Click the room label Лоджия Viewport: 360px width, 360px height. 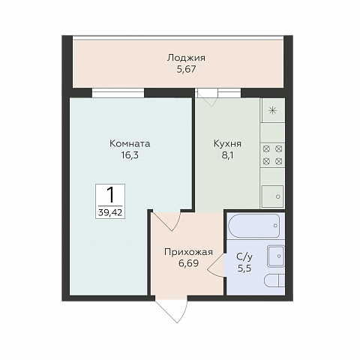(x=186, y=58)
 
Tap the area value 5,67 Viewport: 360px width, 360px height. (x=186, y=69)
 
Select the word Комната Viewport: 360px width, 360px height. (x=130, y=144)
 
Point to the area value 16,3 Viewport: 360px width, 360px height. (x=130, y=155)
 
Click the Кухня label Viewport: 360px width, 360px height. (x=227, y=144)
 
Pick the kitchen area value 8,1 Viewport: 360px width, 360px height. (x=227, y=155)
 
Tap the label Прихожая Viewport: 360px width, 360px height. (x=188, y=252)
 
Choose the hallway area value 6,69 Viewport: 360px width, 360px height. (x=188, y=263)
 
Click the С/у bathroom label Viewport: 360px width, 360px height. (x=244, y=256)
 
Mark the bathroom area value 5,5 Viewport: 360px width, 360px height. (x=244, y=268)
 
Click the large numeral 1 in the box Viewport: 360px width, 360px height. (x=110, y=195)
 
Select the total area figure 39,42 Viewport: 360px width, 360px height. (x=110, y=213)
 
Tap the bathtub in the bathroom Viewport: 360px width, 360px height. (x=254, y=226)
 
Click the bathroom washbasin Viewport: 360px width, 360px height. (x=276, y=256)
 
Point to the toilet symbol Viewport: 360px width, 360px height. (x=274, y=281)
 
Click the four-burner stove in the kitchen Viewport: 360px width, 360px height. (x=272, y=155)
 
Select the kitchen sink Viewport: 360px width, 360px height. (x=272, y=196)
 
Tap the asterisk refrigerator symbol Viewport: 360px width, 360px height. (x=272, y=110)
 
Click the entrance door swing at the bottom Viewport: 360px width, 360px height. (x=172, y=309)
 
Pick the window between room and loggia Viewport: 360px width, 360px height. (x=118, y=92)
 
